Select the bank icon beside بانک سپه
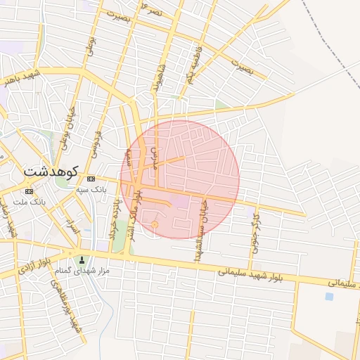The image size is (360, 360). [91, 179]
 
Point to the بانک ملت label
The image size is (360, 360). [29, 202]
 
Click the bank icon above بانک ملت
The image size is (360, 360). [29, 191]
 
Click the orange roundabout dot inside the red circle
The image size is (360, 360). [155, 224]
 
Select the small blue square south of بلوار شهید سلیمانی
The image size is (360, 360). [329, 296]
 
